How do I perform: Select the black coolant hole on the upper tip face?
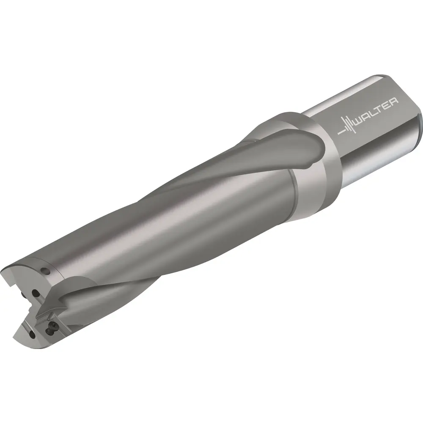[x=36, y=293]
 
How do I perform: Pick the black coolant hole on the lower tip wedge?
[x=32, y=335]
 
